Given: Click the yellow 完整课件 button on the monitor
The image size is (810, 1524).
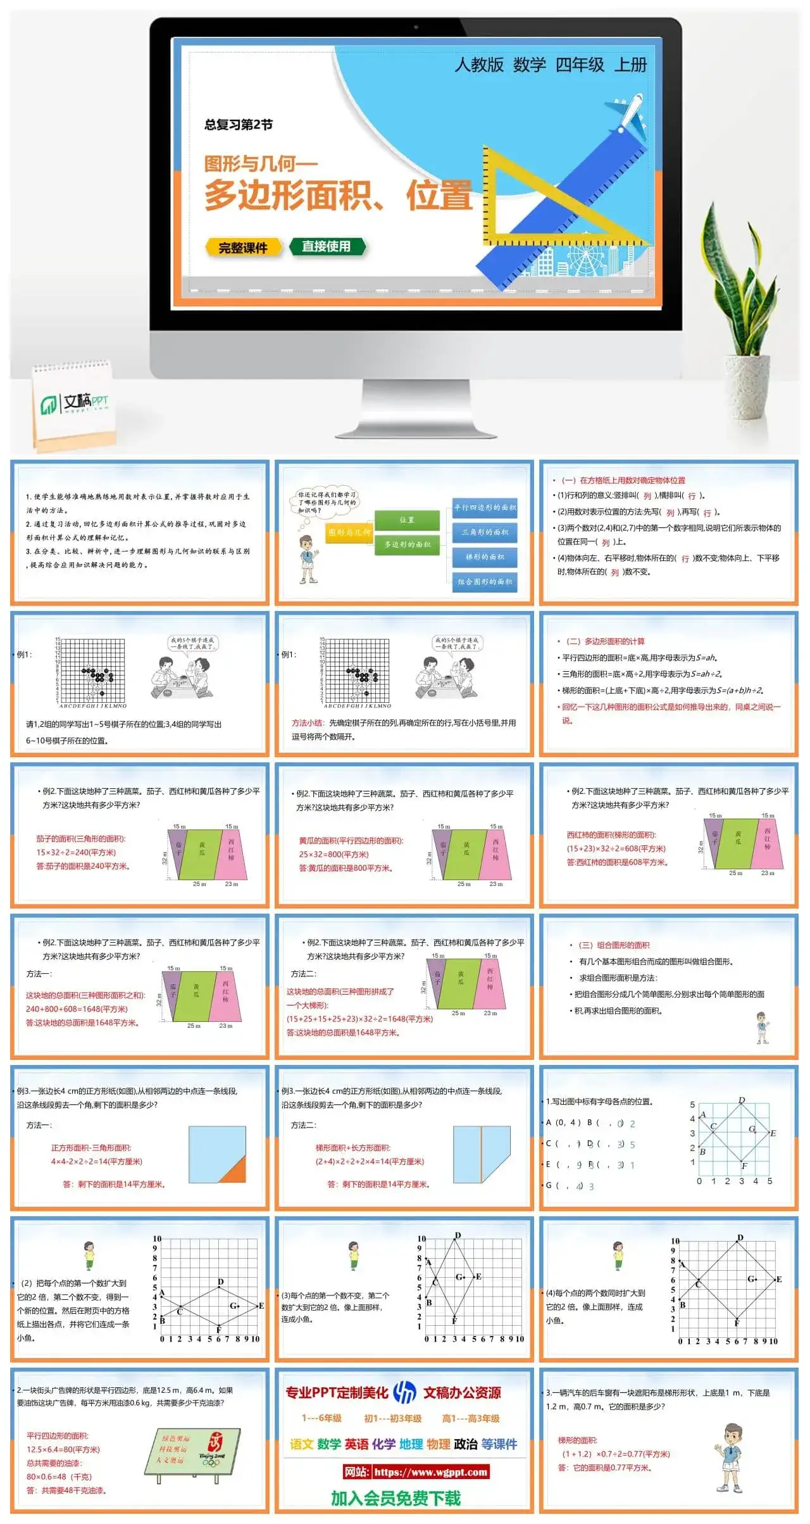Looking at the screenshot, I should click(x=243, y=248).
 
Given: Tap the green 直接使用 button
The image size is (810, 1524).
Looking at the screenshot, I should click(x=327, y=246).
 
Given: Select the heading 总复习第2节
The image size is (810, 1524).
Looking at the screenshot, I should click(x=238, y=125).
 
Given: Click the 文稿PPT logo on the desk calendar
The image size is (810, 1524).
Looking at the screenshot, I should click(x=75, y=402).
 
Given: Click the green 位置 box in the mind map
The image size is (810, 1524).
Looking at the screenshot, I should click(x=407, y=520).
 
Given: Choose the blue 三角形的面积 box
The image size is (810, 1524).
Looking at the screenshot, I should click(x=485, y=532).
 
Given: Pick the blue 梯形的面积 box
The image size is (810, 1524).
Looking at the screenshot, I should click(x=485, y=557).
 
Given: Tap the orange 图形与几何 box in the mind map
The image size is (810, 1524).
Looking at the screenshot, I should click(x=349, y=532).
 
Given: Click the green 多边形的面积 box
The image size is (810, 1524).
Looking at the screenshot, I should click(x=407, y=545).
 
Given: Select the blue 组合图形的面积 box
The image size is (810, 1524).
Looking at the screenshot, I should click(x=485, y=581).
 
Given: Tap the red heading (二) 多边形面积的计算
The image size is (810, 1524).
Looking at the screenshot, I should click(x=605, y=641).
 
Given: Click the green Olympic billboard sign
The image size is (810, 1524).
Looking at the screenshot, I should click(x=192, y=1450).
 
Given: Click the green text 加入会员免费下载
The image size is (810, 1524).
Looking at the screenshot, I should click(x=396, y=1498).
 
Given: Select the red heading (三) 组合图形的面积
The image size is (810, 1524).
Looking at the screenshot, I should click(x=614, y=945).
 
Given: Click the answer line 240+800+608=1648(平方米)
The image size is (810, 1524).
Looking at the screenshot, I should click(x=77, y=1009).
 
